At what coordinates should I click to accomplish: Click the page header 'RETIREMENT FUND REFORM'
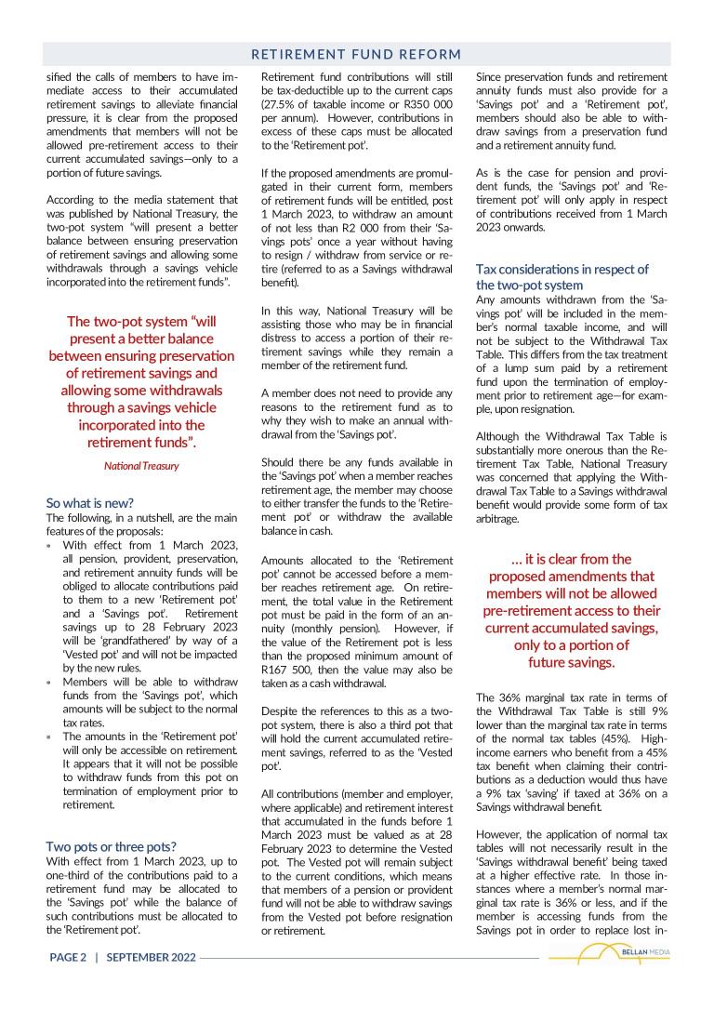pyautogui.click(x=356, y=54)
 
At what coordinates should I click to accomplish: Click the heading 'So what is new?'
pyautogui.click(x=89, y=502)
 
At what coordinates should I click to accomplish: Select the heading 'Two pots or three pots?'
pyautogui.click(x=111, y=846)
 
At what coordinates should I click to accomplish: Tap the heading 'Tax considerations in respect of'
pyautogui.click(x=562, y=269)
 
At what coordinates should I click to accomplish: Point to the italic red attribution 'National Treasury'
pyautogui.click(x=141, y=465)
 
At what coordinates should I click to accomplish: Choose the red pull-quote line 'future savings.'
pyautogui.click(x=571, y=662)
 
